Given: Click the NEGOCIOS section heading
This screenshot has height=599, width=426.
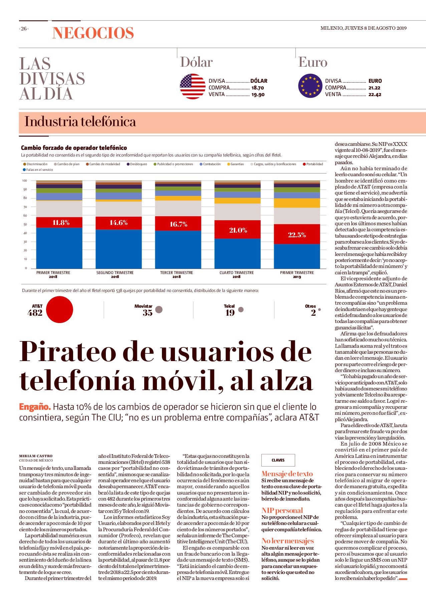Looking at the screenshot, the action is click(x=93, y=33).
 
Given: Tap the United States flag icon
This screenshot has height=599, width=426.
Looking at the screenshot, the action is click(x=193, y=86).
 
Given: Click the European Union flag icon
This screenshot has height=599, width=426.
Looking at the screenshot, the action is click(x=310, y=86).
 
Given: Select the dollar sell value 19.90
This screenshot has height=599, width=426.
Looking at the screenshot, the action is click(x=258, y=95).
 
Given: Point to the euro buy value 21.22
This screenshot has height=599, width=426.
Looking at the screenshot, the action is click(x=374, y=88).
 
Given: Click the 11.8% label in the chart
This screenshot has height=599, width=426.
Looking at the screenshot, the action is click(x=61, y=223).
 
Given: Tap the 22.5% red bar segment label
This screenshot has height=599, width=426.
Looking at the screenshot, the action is click(x=297, y=235).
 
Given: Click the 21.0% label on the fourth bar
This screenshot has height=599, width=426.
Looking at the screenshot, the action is click(x=238, y=230).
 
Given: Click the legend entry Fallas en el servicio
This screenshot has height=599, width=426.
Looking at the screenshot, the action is click(x=38, y=170).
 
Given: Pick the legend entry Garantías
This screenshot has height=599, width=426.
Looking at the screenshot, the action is click(x=235, y=164).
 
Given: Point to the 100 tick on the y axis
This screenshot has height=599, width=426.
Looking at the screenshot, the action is click(x=25, y=181).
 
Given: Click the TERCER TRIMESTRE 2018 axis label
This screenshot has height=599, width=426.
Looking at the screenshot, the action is click(x=177, y=275).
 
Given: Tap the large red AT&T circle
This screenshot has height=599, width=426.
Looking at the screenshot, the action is click(x=59, y=309).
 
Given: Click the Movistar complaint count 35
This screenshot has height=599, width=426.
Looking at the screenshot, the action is click(x=148, y=313).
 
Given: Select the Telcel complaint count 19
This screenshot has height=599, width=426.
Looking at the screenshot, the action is click(x=230, y=313).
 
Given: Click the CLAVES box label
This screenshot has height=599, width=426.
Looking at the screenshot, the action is click(x=278, y=460).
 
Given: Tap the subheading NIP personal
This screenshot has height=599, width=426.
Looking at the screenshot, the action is click(x=282, y=511).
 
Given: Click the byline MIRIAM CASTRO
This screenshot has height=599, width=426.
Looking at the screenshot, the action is click(x=36, y=456).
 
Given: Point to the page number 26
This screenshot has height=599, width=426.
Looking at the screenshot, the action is click(x=24, y=29).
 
